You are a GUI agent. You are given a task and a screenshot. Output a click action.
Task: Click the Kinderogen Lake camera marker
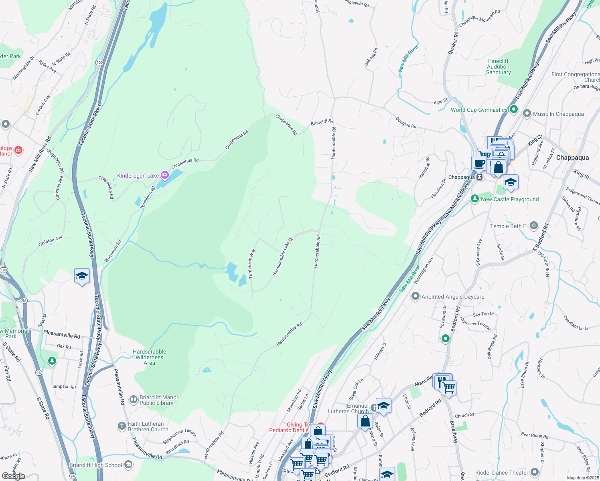[164, 175]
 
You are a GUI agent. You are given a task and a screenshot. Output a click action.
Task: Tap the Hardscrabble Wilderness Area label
[150, 357]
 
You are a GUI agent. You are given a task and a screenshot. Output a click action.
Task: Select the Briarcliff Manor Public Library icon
[134, 400]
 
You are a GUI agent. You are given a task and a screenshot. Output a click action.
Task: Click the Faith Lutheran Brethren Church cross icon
[122, 426]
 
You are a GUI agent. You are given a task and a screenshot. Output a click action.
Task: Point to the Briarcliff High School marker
[128, 465]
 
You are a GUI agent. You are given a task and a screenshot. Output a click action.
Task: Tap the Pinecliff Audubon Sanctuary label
[499, 67]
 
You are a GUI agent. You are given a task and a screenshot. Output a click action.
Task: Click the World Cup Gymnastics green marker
[514, 109]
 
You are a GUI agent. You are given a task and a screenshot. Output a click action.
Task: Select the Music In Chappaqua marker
[527, 114]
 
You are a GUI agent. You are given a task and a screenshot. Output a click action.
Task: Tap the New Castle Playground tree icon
[475, 199]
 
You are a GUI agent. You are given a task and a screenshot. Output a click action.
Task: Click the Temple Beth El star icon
[533, 226]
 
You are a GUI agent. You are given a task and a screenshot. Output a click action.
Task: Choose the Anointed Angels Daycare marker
[416, 297]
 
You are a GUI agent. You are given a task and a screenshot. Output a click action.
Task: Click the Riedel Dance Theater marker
[535, 472]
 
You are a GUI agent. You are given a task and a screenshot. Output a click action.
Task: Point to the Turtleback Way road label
[251, 263]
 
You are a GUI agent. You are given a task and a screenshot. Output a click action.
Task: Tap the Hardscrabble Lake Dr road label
[283, 257]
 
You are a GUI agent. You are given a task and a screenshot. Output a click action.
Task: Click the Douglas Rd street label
[406, 122]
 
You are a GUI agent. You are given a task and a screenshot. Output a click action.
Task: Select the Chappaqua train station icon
[479, 177]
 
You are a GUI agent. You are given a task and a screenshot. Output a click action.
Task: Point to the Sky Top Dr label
[483, 314]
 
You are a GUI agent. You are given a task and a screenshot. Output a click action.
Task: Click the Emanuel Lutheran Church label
[348, 408]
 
